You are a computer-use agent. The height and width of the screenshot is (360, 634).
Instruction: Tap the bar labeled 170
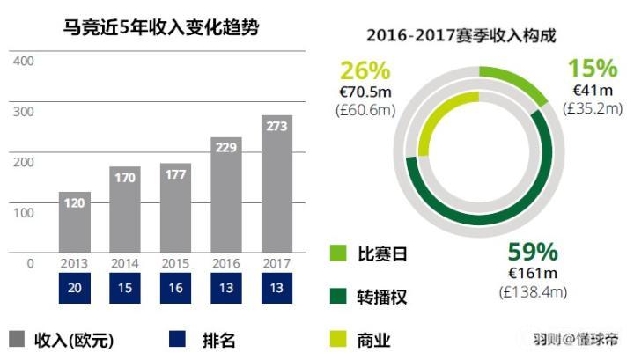pos(125,209)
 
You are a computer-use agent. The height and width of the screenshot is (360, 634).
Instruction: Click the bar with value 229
pos(226,195)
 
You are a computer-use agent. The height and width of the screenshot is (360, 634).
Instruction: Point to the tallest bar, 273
pos(276,184)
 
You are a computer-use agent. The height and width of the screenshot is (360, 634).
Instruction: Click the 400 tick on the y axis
pos(24,62)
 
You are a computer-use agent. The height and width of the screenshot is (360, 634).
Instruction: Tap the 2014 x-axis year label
pos(125,263)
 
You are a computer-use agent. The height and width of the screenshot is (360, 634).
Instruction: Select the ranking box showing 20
pos(75,289)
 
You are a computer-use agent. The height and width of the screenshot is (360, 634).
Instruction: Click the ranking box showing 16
pos(176,289)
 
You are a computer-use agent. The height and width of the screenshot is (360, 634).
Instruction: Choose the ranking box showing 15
pos(125,289)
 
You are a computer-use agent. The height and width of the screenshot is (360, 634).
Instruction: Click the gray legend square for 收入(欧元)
pos(17,339)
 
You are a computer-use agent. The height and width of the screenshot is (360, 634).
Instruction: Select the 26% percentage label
pos(365,70)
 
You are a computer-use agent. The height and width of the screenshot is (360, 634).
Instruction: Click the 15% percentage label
pos(593,69)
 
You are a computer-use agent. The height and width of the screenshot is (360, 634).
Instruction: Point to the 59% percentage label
pos(534,252)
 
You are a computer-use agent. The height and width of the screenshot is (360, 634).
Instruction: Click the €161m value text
pos(534,272)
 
